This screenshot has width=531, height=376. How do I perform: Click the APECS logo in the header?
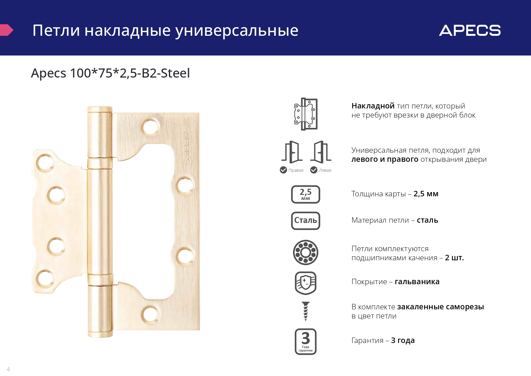tap(470, 30)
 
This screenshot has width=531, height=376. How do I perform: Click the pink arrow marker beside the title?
tap(6, 30)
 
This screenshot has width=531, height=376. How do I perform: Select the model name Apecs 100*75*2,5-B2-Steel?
tap(110, 73)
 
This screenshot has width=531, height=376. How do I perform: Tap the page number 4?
tap(8, 369)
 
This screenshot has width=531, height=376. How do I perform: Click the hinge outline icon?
tap(306, 114)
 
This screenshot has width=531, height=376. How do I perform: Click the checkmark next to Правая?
tap(283, 170)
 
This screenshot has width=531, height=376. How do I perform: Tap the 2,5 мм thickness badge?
tap(306, 194)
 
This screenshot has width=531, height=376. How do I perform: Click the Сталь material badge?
tap(306, 221)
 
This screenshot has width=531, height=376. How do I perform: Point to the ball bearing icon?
tap(306, 252)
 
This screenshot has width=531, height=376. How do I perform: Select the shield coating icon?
tap(306, 283)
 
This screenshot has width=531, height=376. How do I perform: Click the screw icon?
tap(306, 311)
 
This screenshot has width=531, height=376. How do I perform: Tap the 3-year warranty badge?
tap(306, 341)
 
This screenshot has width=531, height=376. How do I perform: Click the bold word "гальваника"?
tap(417, 282)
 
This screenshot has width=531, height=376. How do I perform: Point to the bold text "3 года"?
tap(403, 341)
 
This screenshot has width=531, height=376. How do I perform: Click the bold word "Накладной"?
tap(373, 106)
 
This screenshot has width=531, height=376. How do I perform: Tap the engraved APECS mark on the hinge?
tap(187, 148)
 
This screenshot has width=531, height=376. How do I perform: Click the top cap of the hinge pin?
tap(100, 110)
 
